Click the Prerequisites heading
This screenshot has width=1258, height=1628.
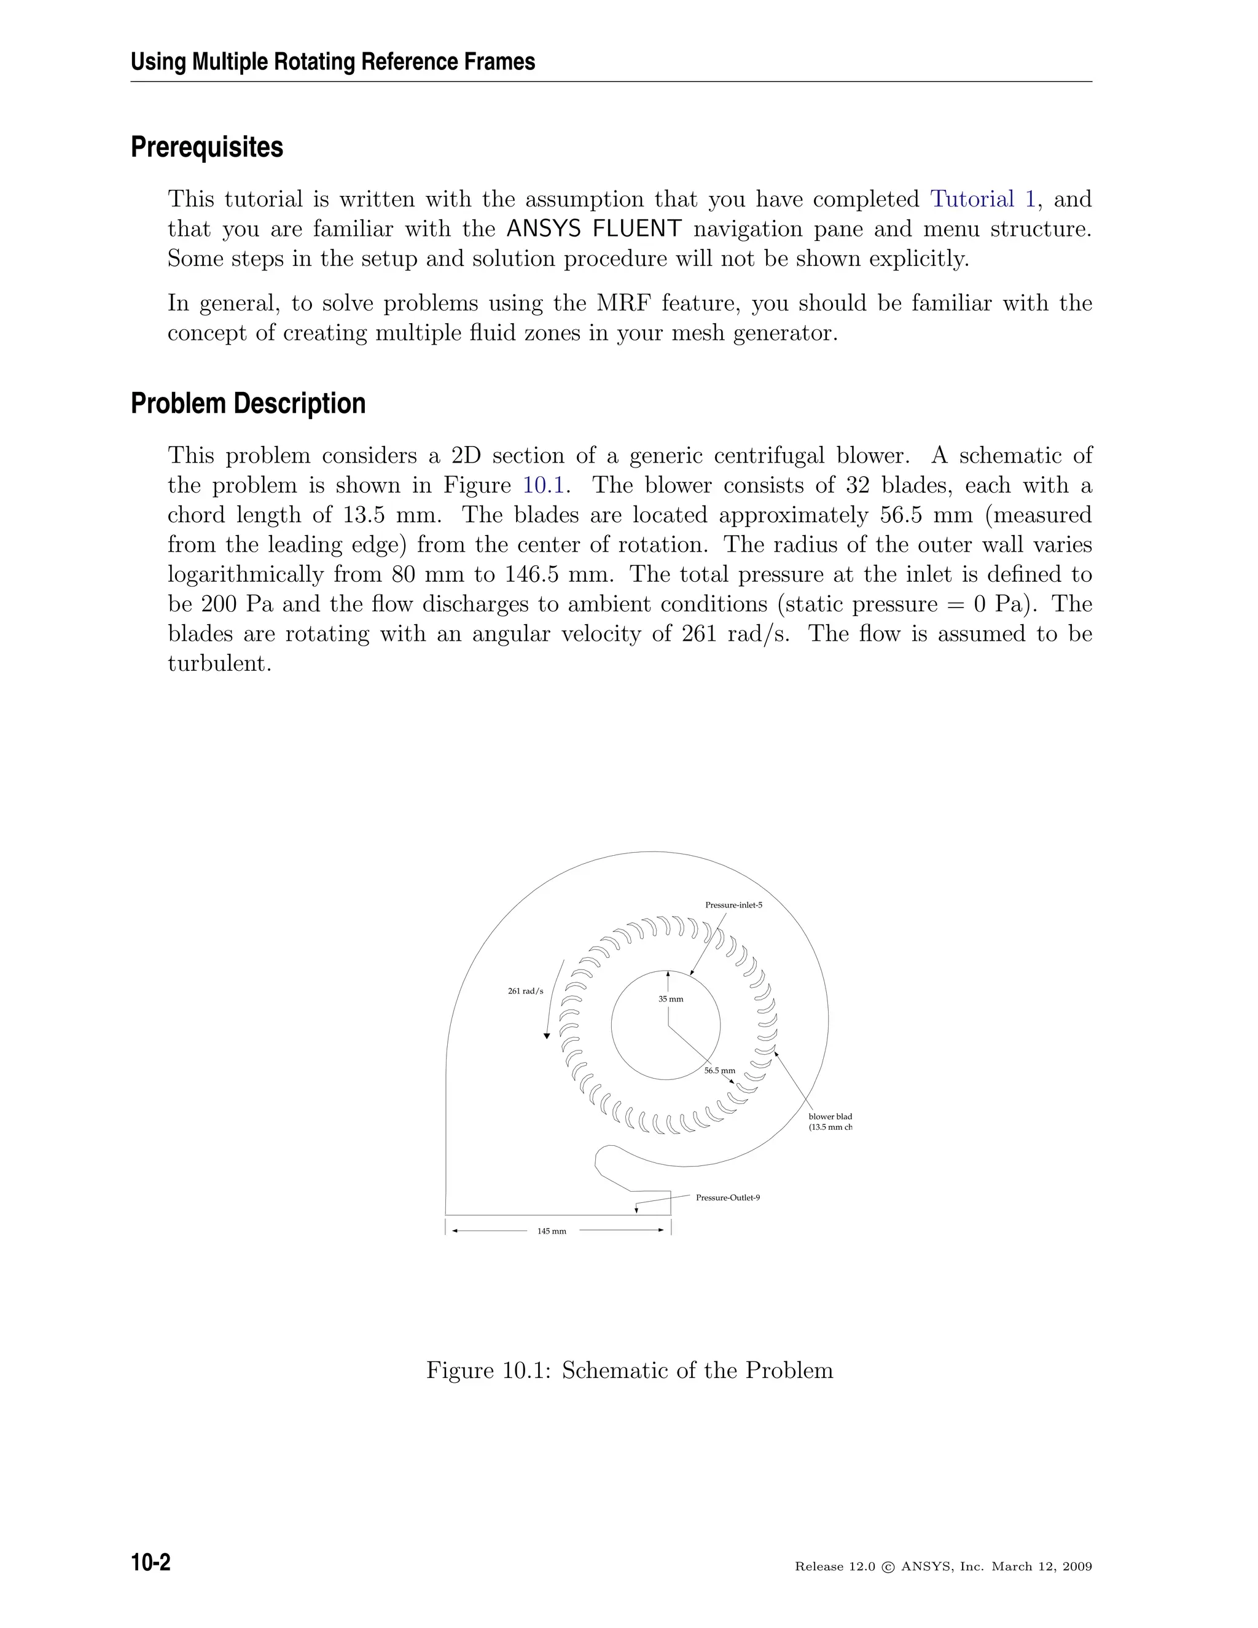tap(206, 147)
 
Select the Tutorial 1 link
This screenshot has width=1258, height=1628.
tap(982, 200)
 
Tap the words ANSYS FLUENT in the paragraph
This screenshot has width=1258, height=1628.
tap(593, 229)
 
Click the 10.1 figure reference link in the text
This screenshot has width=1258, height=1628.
tap(545, 486)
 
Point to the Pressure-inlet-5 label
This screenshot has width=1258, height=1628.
tap(733, 905)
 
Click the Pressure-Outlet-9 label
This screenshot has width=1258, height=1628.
tap(727, 1198)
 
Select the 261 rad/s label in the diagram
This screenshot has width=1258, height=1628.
tap(525, 992)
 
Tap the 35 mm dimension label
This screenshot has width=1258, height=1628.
tap(671, 999)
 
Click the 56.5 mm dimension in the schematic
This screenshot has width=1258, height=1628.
tap(719, 1070)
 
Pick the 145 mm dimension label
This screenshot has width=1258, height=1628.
tap(552, 1231)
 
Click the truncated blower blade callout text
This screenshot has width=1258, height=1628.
tap(829, 1122)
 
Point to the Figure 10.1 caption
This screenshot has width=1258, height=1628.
tap(629, 1371)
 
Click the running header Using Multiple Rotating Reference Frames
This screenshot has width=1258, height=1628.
tap(332, 62)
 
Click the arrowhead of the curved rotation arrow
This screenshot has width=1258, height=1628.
tap(547, 1035)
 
